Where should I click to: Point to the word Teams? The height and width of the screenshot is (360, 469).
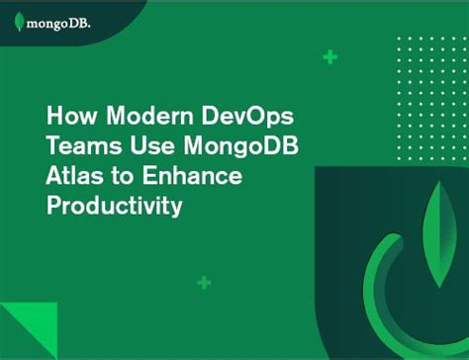click(x=82, y=146)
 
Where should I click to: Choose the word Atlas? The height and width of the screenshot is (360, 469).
click(x=73, y=177)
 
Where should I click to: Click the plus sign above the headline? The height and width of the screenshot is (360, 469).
click(x=329, y=57)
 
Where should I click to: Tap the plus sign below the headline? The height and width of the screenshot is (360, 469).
click(x=204, y=283)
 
